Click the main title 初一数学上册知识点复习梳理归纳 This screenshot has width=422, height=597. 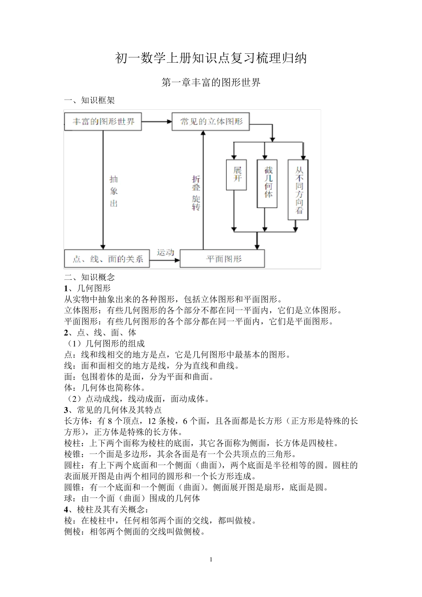click(x=211, y=58)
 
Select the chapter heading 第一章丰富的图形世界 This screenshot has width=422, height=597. click(x=211, y=83)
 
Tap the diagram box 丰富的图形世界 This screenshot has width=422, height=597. click(x=103, y=121)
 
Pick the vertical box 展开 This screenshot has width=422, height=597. click(x=236, y=175)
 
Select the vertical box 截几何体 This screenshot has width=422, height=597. click(x=267, y=183)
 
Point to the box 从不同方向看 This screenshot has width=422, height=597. click(x=298, y=190)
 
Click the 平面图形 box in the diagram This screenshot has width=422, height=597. click(x=222, y=259)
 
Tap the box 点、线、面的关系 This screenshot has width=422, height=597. click(x=107, y=259)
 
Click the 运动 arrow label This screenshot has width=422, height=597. click(x=165, y=253)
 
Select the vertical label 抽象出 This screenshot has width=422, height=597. click(x=114, y=191)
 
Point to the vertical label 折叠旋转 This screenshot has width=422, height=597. click(x=196, y=192)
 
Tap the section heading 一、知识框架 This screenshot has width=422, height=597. click(x=90, y=100)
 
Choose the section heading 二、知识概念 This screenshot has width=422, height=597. click(x=90, y=277)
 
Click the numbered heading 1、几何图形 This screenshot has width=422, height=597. click(x=88, y=288)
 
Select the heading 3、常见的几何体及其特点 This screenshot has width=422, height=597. click(x=113, y=410)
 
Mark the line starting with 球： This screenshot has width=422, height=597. click(x=132, y=498)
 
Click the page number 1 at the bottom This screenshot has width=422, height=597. click(x=211, y=559)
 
